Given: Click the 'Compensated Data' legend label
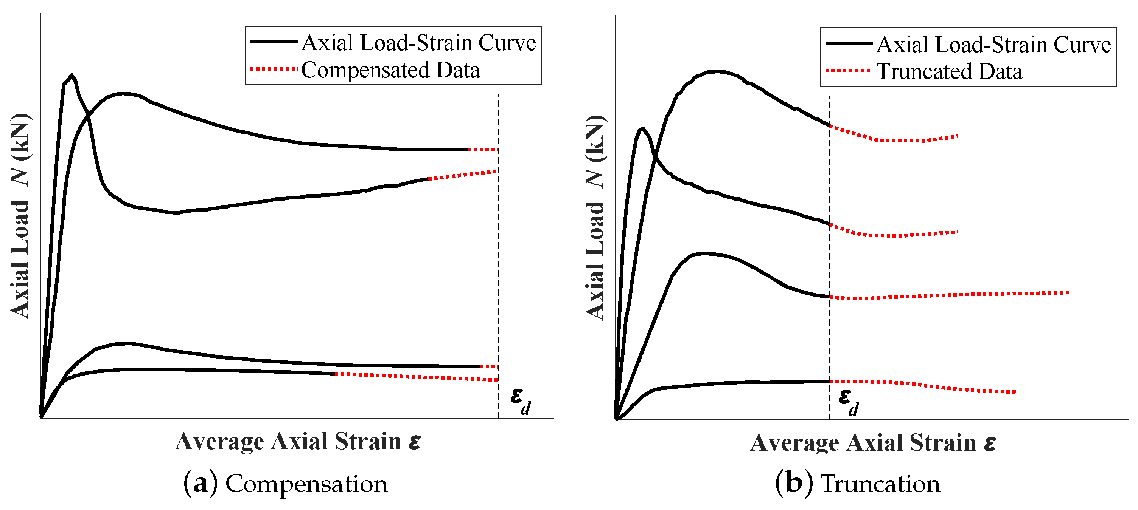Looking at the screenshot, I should coord(390,70).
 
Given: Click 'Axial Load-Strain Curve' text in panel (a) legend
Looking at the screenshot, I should coord(418,43).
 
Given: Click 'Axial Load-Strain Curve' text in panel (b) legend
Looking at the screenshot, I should coord(993,45).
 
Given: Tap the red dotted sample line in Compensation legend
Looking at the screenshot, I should coord(272,69).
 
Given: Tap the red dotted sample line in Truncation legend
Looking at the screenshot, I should coord(848,71).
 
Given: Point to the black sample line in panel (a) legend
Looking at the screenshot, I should coord(274,42).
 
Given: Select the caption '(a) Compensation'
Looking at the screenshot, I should coord(285,484).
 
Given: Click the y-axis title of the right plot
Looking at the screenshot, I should coord(595,217).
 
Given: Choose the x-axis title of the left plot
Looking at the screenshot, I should coord(298,441).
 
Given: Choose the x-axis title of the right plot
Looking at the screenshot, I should coord(873,442).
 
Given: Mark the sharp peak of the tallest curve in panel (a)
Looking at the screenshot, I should coord(72,75).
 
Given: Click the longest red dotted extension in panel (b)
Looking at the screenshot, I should coord(950,294).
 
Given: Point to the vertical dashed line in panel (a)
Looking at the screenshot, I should coord(499,265).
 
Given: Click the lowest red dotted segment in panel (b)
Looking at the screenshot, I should coord(923,386).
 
